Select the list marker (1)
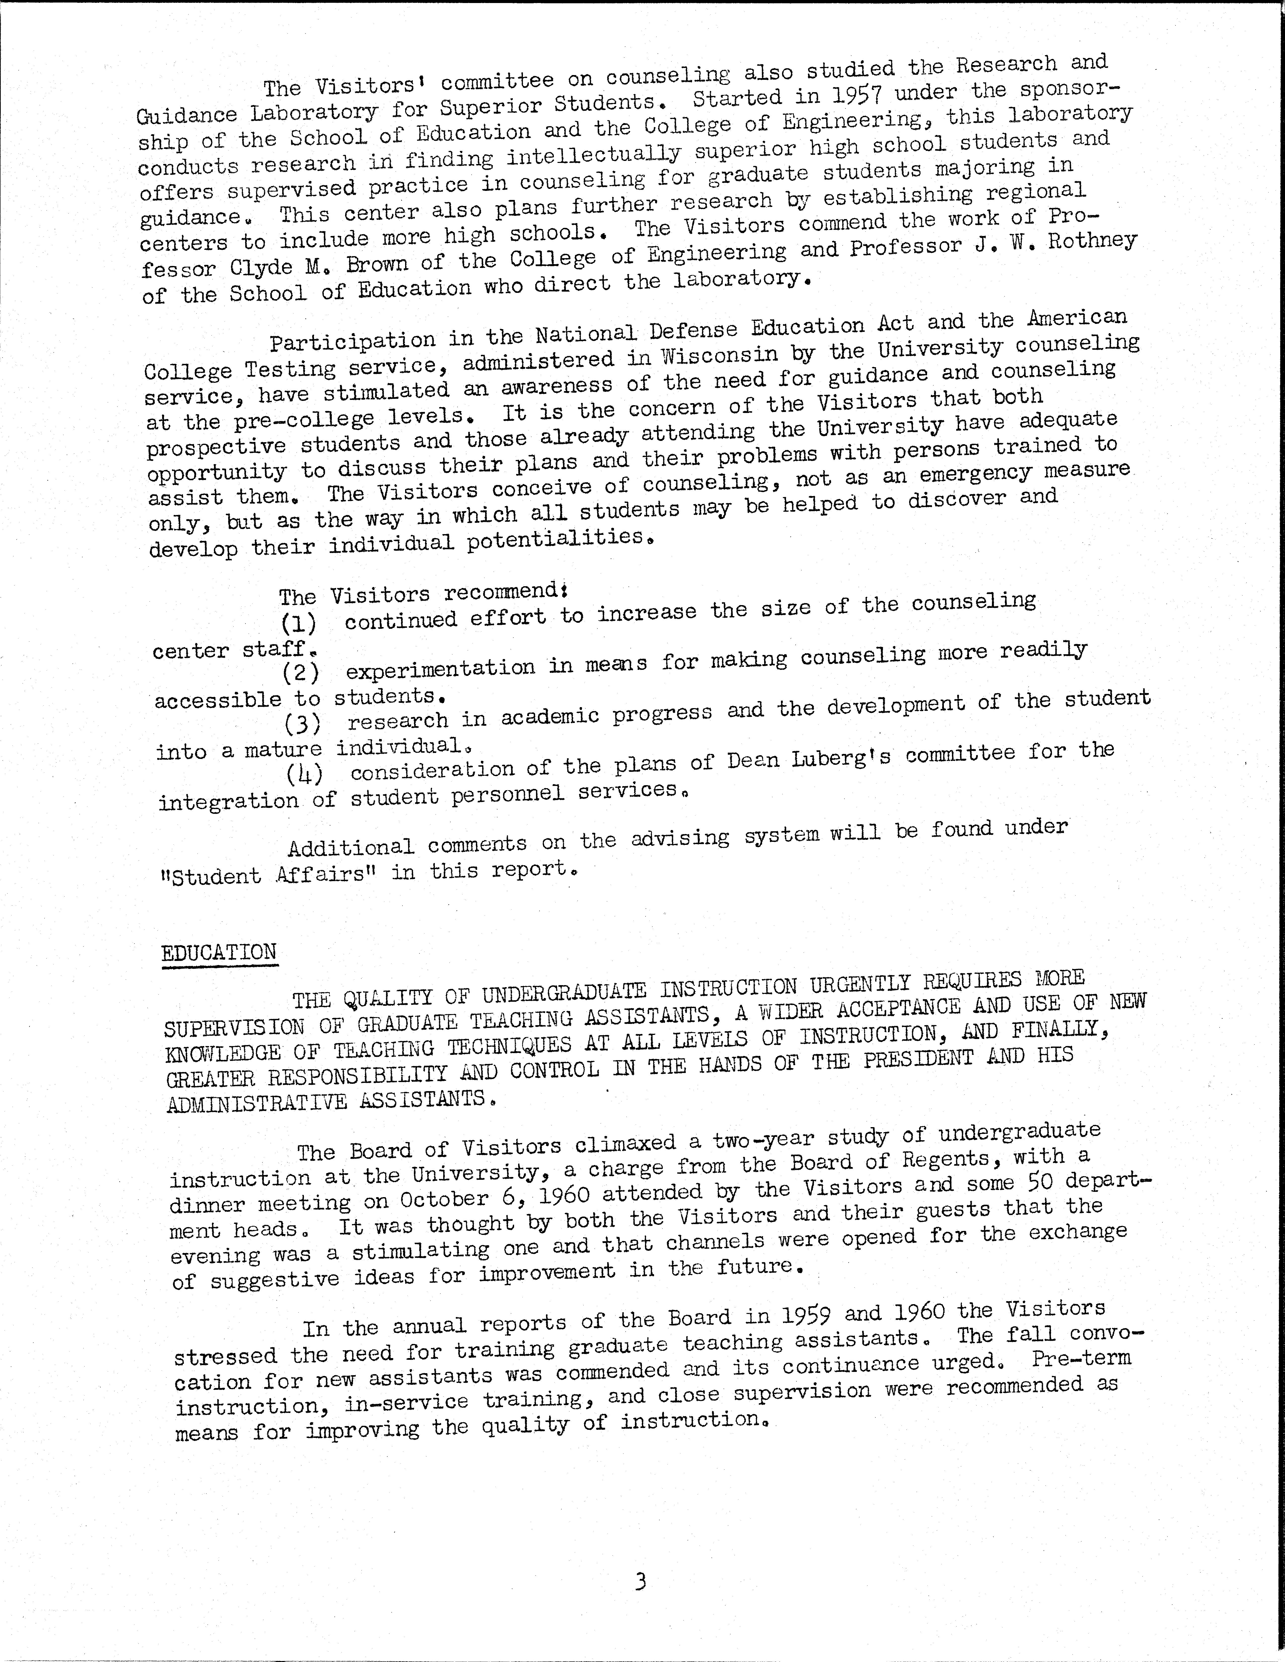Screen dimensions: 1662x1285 [298, 624]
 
